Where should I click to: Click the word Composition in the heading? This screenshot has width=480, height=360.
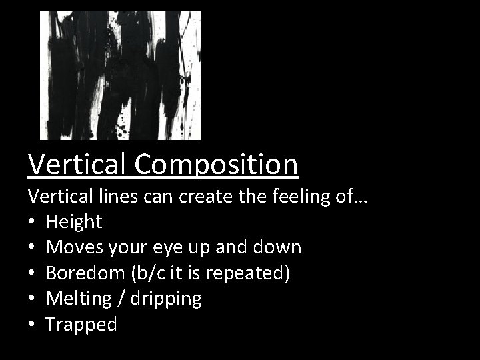coord(217,164)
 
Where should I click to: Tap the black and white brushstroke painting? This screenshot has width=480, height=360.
coord(120,75)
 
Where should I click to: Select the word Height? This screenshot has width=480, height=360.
coord(74,221)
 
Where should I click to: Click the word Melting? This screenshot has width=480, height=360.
coord(77,299)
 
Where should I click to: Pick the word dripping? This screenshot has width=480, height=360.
coord(168,299)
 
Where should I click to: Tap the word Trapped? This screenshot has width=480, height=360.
coord(81,325)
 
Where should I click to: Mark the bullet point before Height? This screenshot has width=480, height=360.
coord(32,222)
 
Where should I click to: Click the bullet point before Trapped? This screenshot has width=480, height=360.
coord(32,325)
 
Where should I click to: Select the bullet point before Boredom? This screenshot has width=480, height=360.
coord(32,274)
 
